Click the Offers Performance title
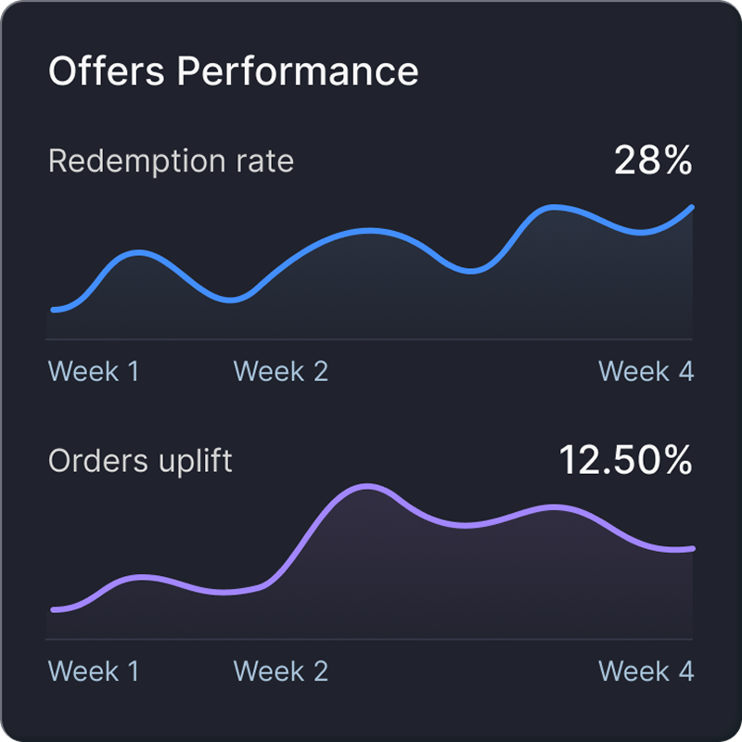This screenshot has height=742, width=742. [x=233, y=71]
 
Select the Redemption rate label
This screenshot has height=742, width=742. [x=171, y=161]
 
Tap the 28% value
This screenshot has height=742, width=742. [x=653, y=161]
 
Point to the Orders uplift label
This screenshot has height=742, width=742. [x=140, y=461]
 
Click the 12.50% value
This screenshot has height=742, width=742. [x=625, y=461]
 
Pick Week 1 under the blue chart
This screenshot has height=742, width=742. [x=94, y=372]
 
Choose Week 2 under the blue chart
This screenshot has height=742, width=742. [x=281, y=372]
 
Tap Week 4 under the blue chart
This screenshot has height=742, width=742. [x=646, y=372]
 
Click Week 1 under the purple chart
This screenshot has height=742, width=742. [x=94, y=672]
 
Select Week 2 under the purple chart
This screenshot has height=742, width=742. [x=281, y=672]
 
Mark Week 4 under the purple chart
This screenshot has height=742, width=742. [x=646, y=672]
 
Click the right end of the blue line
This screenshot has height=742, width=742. [x=691, y=208]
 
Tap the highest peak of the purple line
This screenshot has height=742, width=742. [x=368, y=486]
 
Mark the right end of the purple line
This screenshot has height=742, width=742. [x=691, y=549]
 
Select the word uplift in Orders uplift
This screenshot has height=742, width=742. [x=189, y=461]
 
